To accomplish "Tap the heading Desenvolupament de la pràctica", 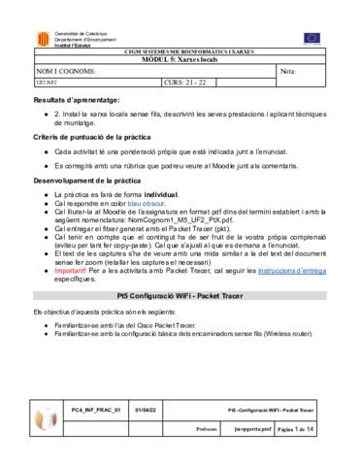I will pos(87,182).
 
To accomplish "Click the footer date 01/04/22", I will pos(146,411).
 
